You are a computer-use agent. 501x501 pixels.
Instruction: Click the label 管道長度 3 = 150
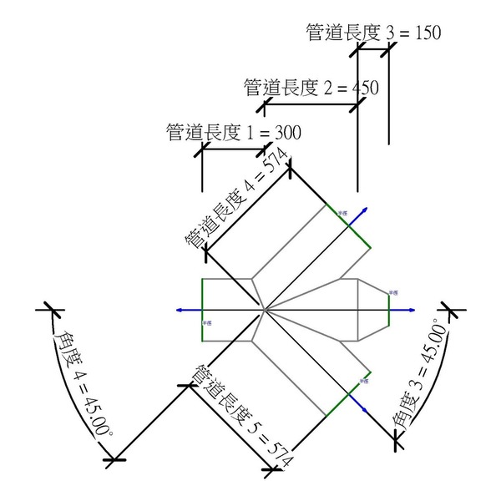(373, 33)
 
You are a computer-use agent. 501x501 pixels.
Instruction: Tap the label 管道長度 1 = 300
(233, 132)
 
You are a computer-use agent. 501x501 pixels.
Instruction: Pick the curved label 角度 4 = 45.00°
(83, 382)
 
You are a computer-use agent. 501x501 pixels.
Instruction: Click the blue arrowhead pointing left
(180, 310)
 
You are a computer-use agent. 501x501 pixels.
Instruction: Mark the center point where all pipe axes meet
(264, 310)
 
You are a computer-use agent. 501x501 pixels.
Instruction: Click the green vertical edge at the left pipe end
(202, 310)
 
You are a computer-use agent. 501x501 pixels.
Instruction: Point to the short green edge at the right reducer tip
(387, 310)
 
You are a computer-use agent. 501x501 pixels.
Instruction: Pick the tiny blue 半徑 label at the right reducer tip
(394, 292)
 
